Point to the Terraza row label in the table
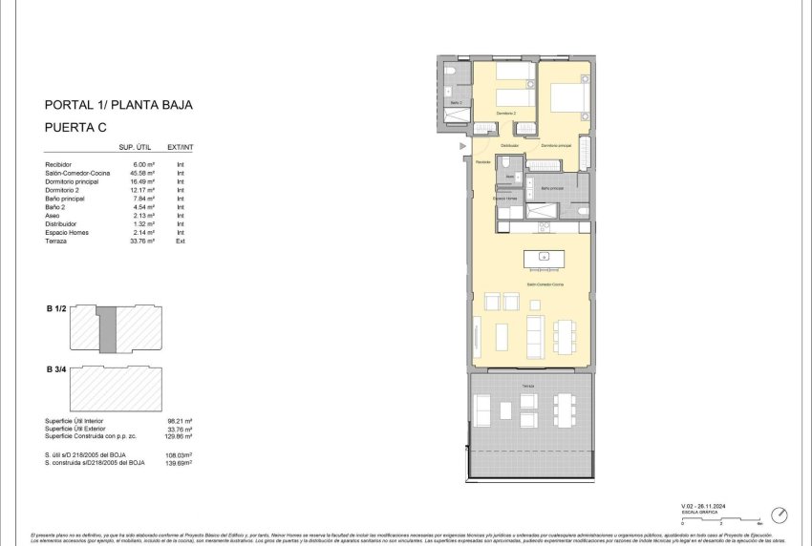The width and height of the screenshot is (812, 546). point(57,241)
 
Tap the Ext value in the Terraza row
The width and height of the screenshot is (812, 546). point(180,241)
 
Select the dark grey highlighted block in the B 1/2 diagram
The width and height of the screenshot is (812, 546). point(108,328)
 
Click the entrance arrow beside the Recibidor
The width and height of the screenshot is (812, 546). point(463,146)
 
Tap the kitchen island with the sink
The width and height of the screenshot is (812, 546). point(544,258)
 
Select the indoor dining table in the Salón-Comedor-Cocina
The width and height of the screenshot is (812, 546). point(565,334)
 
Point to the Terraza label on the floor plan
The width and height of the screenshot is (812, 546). point(527,385)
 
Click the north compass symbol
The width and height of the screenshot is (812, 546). point(780,514)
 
